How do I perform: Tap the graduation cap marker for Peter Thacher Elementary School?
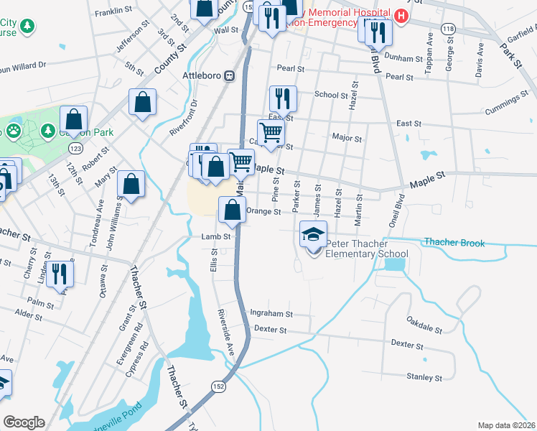(x=314, y=236)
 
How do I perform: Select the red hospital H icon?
(x=401, y=16)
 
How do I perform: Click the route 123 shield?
(x=75, y=147)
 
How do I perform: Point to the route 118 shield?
(x=449, y=28)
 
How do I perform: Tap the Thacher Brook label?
(x=454, y=243)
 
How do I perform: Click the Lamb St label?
(x=215, y=236)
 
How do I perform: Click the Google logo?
(x=24, y=422)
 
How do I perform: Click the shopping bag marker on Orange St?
(x=232, y=210)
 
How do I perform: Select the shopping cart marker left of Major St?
(x=271, y=132)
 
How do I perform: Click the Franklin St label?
(x=113, y=11)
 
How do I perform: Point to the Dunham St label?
(x=403, y=58)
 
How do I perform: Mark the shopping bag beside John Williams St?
(x=131, y=184)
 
